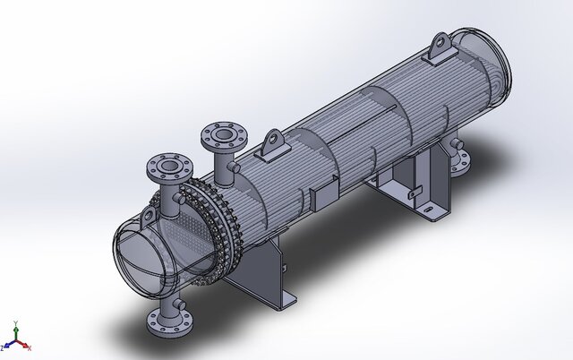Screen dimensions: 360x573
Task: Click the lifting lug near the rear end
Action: click(x=440, y=49)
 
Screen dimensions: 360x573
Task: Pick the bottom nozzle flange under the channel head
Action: click(x=167, y=321)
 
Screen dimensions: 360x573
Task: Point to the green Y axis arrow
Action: click(x=14, y=330)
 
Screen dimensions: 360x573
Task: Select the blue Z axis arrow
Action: click(x=6, y=345)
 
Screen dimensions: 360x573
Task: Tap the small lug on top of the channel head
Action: click(x=149, y=216)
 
